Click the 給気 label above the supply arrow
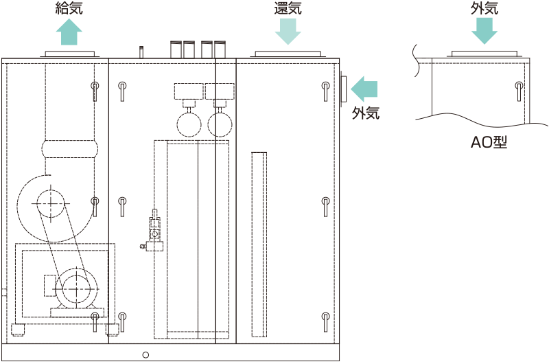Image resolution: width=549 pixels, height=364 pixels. coord(69,8)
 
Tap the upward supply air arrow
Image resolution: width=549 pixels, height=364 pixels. coord(69,32)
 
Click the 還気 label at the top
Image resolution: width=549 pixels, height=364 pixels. coord(288,8)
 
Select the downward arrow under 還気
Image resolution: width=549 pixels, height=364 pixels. coord(288,31)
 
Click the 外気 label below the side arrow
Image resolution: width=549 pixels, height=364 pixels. coord(366,113)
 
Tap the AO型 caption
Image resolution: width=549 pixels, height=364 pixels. coord(489,142)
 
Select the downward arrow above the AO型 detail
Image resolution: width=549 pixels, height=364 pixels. coord(484,31)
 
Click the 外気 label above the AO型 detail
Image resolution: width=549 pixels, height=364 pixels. coord(484,8)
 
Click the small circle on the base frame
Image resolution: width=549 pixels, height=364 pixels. coord(145,355)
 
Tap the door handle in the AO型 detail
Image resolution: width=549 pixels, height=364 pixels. coord(519,91)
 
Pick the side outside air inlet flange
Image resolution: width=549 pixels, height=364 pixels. coord(344,89)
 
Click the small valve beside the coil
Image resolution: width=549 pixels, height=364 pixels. coord(154,230)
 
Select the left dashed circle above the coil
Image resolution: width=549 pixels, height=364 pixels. coord(189,124)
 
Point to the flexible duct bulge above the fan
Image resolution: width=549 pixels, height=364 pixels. coord(70,149)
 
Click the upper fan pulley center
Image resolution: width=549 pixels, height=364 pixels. coord(51,203)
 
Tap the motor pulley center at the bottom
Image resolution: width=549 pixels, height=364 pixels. coord(76,289)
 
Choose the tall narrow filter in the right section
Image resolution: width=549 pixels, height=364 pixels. coord(259,244)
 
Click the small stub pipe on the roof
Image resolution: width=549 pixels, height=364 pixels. coord(141,52)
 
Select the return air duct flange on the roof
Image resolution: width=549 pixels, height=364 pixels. coord(288,54)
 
